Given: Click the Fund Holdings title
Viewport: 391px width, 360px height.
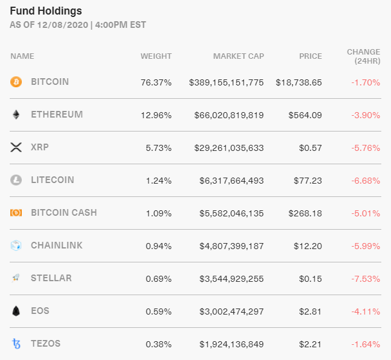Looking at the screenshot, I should click(46, 11).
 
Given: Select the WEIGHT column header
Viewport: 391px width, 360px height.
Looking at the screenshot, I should click(156, 56).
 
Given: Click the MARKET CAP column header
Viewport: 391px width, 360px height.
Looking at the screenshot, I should click(238, 56).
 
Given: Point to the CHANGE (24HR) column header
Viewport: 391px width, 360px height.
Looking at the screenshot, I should click(363, 56).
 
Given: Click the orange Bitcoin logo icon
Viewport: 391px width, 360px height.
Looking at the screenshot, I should click(16, 82).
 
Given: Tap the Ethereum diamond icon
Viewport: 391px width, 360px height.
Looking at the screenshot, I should click(16, 115).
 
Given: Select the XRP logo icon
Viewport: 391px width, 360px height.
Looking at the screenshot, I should click(16, 147).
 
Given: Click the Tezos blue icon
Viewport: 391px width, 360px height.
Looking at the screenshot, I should click(16, 344).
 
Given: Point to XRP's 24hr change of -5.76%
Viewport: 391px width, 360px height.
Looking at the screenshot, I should click(367, 147).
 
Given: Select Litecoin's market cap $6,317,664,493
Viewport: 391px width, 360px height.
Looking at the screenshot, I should click(232, 180).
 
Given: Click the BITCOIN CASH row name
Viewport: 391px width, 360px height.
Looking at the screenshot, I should click(64, 213).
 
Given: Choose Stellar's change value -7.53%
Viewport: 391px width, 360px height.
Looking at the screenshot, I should click(367, 278).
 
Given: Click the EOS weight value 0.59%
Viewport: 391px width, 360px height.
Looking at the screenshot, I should click(158, 311).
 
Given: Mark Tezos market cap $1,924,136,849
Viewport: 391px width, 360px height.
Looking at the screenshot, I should click(232, 344).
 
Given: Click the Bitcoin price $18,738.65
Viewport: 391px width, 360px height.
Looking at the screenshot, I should click(298, 82).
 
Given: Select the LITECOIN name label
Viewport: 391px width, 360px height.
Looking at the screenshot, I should click(52, 180).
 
